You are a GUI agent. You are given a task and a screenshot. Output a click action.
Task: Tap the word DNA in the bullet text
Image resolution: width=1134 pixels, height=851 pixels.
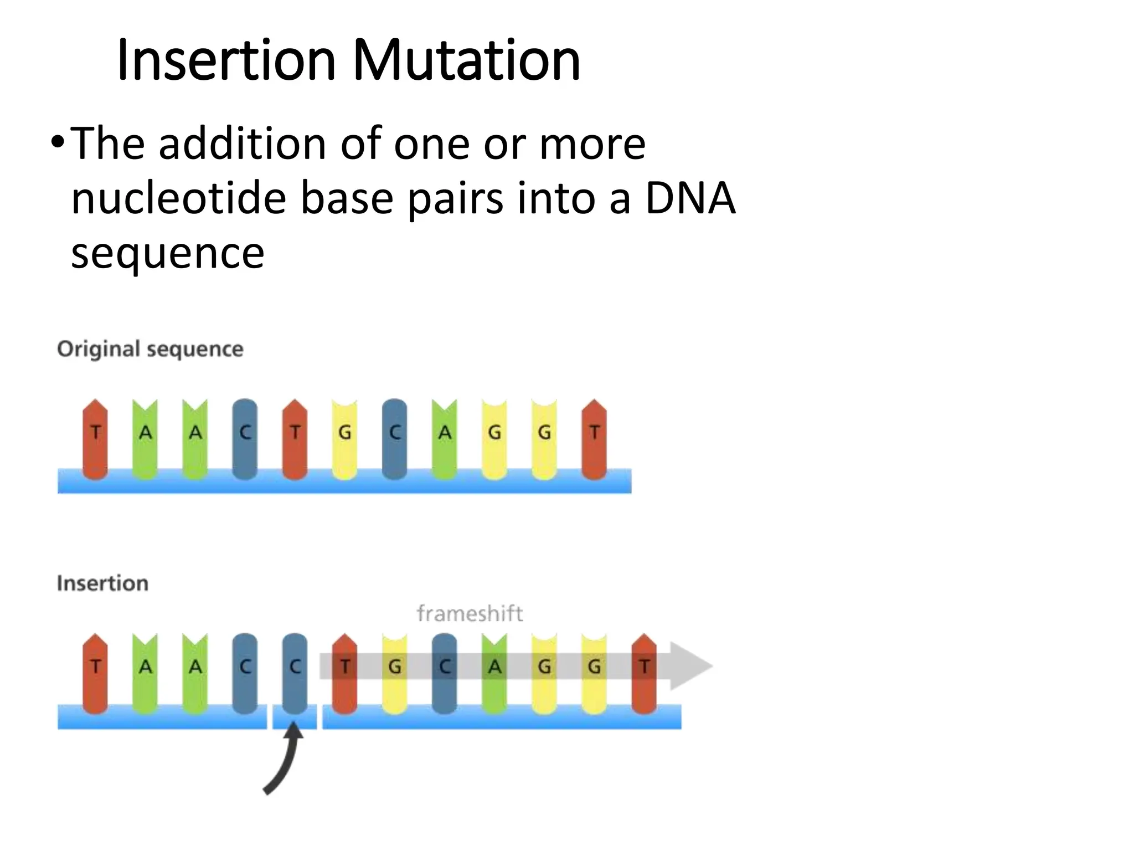[x=690, y=198]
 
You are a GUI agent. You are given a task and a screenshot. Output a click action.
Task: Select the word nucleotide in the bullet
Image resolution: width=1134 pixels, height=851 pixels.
[x=178, y=198]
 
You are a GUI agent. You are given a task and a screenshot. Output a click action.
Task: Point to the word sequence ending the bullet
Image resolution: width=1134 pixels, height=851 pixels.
[x=167, y=253]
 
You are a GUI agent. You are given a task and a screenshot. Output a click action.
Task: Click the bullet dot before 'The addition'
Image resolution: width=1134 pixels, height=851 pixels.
[x=57, y=143]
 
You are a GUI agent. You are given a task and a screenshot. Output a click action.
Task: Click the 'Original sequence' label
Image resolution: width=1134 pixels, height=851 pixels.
[x=150, y=349]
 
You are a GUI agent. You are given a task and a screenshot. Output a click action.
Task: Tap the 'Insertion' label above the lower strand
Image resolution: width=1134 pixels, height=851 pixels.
[x=102, y=583]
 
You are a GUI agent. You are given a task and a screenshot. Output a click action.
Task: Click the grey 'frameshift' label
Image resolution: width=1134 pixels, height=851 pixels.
[x=470, y=613]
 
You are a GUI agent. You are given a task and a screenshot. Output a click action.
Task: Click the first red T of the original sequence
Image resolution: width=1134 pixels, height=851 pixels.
[x=95, y=438]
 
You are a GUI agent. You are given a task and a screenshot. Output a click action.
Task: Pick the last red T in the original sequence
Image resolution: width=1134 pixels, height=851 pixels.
[x=594, y=438]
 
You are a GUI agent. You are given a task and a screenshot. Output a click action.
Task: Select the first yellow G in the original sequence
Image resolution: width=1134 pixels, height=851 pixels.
[x=344, y=438]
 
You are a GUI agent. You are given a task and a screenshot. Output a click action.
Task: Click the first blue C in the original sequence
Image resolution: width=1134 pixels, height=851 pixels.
[x=245, y=438]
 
